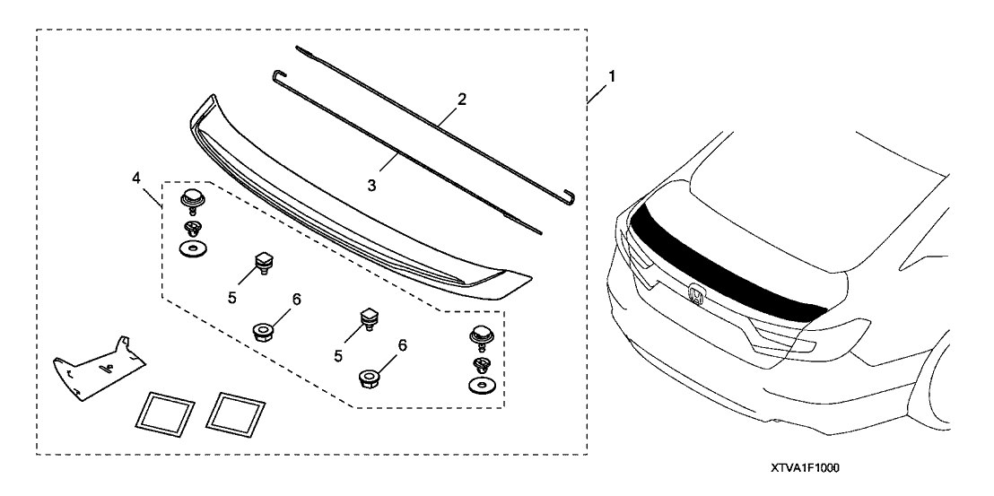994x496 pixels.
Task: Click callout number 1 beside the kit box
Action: pos(612,78)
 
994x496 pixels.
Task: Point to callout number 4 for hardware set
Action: pos(135,178)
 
